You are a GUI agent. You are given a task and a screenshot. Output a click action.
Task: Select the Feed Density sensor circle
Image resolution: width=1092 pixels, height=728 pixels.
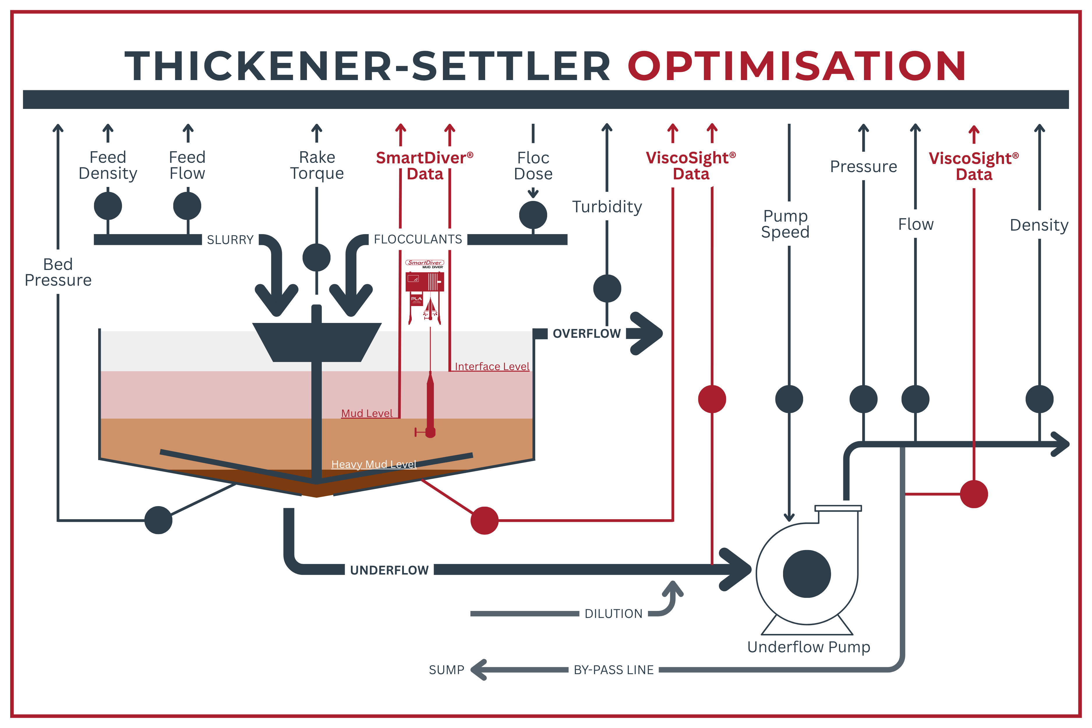108,206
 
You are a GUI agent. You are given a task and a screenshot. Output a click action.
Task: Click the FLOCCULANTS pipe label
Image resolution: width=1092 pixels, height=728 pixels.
418,239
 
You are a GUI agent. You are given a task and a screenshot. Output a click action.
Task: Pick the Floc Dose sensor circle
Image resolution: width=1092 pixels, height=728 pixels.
533,215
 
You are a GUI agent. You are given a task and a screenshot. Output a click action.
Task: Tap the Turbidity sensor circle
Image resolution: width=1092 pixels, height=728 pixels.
607,288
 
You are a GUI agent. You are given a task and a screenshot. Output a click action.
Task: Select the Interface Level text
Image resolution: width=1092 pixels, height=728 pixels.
492,366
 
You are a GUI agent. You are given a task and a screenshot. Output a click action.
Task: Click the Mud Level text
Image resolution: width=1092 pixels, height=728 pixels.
367,413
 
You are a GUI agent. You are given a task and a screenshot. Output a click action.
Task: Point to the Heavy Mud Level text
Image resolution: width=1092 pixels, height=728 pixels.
374,464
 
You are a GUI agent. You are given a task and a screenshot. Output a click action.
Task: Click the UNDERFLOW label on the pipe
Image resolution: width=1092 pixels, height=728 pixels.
389,570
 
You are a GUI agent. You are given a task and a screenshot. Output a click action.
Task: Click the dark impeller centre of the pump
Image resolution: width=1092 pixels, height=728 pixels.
806,574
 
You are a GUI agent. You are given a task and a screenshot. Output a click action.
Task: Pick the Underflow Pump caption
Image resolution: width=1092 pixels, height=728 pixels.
808,647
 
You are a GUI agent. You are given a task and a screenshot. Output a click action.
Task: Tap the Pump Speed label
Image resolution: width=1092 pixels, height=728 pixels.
785,224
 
